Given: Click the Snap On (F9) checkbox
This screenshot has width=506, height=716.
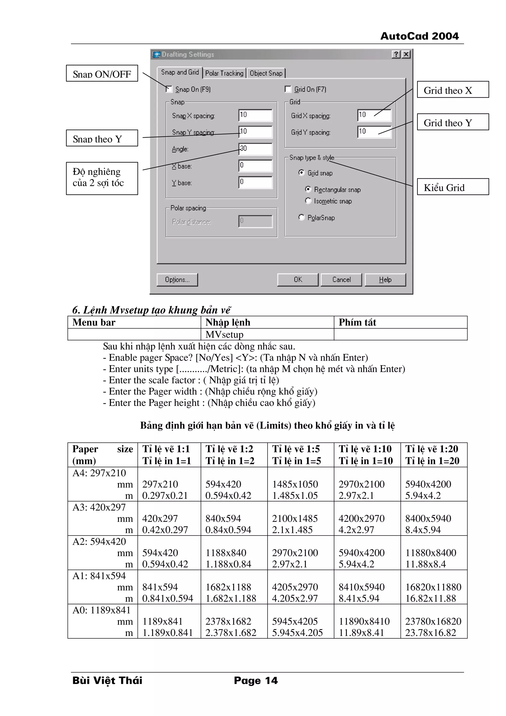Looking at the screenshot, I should pyautogui.click(x=169, y=89).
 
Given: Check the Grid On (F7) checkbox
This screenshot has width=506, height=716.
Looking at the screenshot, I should pyautogui.click(x=288, y=89).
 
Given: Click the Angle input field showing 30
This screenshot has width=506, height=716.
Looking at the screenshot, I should pyautogui.click(x=255, y=149).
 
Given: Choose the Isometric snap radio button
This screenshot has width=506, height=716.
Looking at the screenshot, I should pyautogui.click(x=308, y=201).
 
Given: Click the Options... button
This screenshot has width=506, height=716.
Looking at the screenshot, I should pyautogui.click(x=177, y=280).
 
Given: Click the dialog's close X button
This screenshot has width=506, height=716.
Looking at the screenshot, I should pyautogui.click(x=406, y=54).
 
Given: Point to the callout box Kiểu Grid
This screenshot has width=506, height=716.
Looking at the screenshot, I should pyautogui.click(x=453, y=187).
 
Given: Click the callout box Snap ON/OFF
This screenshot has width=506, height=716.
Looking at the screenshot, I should pyautogui.click(x=102, y=73).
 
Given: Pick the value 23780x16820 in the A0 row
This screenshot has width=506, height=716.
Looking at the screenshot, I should pyautogui.click(x=433, y=621).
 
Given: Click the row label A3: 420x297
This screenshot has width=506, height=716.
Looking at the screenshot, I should pyautogui.click(x=99, y=507).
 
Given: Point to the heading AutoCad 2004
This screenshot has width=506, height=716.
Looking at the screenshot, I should pyautogui.click(x=419, y=36).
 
